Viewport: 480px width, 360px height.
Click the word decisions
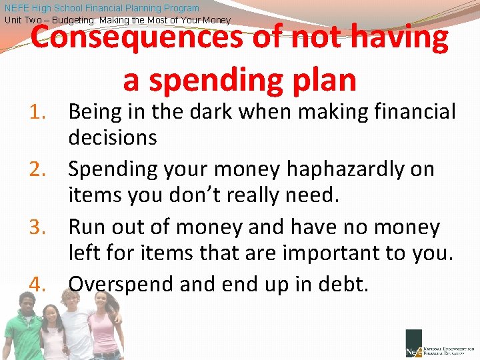[x=113, y=138]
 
